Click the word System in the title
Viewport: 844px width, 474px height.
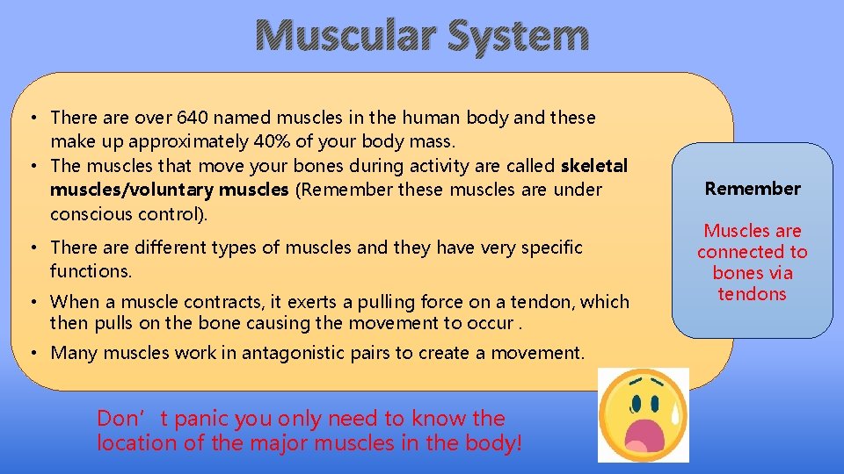(x=518, y=36)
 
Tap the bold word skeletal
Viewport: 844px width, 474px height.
(x=593, y=166)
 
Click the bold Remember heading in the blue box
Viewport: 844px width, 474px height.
(x=753, y=189)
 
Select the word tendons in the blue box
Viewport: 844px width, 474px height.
(x=752, y=294)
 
